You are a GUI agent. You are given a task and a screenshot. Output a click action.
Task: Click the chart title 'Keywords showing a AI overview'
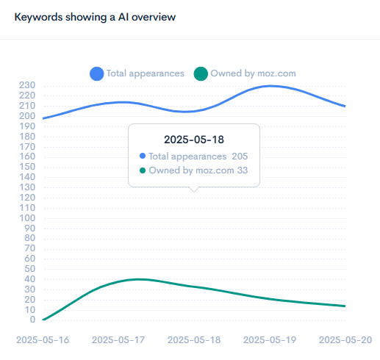95,16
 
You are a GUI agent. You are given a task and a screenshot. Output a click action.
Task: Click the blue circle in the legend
97,73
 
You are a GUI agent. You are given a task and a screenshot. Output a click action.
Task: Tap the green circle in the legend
201,73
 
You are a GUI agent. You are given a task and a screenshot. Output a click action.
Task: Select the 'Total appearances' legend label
145,73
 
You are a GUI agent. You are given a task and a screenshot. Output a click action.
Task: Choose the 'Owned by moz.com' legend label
253,73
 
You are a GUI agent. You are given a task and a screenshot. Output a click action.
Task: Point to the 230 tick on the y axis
27,85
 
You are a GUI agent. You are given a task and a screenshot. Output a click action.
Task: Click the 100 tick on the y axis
27,217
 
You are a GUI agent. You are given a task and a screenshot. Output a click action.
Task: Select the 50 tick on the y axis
30,269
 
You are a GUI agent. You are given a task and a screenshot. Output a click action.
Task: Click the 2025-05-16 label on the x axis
43,340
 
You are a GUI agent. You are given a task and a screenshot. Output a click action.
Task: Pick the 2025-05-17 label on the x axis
119,340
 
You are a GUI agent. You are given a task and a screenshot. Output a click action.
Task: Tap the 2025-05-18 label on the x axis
195,340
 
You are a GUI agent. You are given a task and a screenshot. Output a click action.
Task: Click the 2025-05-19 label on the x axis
270,340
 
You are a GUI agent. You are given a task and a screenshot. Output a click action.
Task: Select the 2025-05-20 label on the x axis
345,340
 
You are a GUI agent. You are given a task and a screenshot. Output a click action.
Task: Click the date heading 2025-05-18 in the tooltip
194,139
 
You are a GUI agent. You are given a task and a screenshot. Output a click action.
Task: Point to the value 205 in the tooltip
240,156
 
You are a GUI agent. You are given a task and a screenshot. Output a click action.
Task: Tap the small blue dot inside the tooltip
142,156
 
